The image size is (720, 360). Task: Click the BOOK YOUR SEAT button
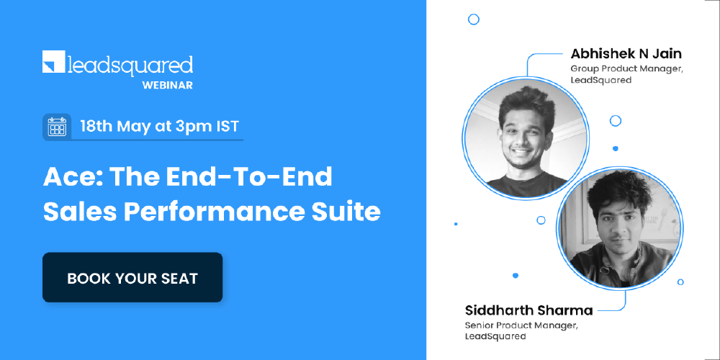pyautogui.click(x=132, y=278)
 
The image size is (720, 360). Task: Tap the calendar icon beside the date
pyautogui.click(x=56, y=127)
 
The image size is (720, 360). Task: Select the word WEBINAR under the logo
pyautogui.click(x=167, y=85)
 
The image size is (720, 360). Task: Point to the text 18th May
pyautogui.click(x=115, y=127)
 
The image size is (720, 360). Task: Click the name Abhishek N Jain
pyautogui.click(x=626, y=53)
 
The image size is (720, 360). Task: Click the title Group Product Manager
pyautogui.click(x=626, y=68)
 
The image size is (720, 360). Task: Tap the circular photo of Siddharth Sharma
pyautogui.click(x=620, y=226)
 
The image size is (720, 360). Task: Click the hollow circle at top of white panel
pyautogui.click(x=473, y=19)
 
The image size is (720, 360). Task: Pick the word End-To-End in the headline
pyautogui.click(x=248, y=177)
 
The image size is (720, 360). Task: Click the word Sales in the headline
pyautogui.click(x=71, y=212)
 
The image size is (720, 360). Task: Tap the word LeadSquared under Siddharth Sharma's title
pyautogui.click(x=495, y=336)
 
